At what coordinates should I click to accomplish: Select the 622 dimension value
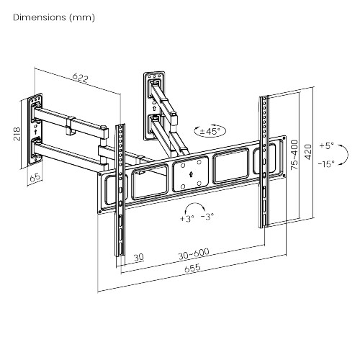coord(81,76)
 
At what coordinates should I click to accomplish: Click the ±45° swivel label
coord(210,132)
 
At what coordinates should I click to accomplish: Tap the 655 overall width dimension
coord(191,269)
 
